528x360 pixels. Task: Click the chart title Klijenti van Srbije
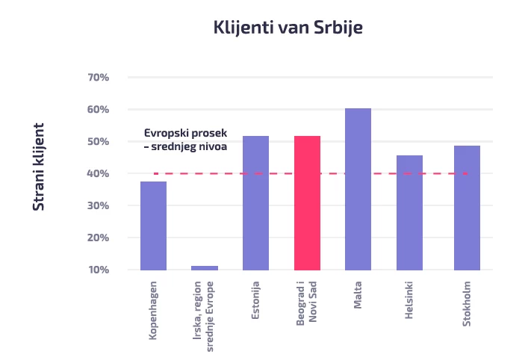click(288, 28)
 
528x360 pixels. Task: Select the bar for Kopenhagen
click(153, 226)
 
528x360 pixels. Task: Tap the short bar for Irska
click(205, 267)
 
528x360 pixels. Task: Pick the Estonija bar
click(255, 202)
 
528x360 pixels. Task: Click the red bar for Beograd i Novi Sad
click(307, 202)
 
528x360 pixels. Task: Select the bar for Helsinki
click(409, 212)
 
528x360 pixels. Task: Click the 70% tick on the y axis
click(99, 78)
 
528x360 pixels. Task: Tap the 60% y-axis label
click(99, 110)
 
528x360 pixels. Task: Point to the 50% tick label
click(99, 142)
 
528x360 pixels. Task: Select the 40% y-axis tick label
click(99, 174)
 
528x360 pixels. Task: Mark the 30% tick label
click(99, 206)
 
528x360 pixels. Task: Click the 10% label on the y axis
click(99, 270)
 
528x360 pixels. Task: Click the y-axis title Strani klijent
click(39, 166)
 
